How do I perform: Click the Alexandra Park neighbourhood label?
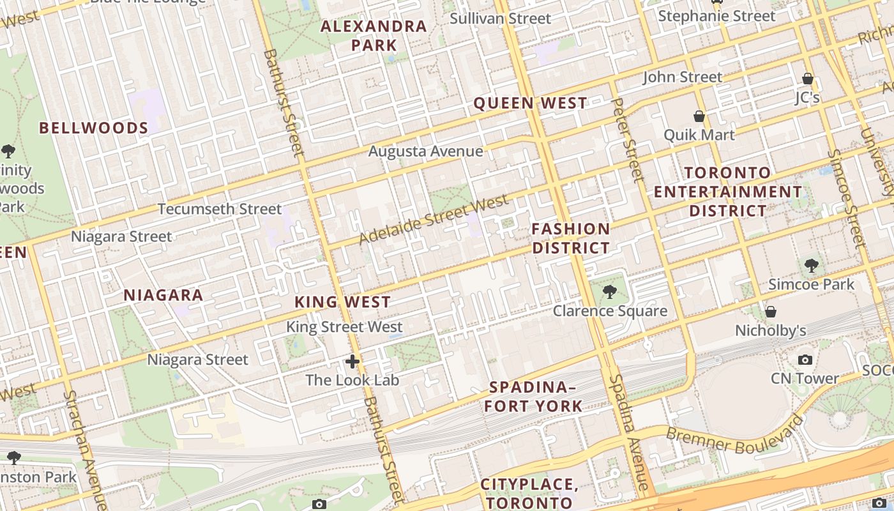pos(374,36)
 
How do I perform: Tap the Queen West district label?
pos(530,103)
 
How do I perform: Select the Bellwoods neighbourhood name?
pos(94,128)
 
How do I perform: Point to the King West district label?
pos(342,302)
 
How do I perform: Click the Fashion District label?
pos(571,238)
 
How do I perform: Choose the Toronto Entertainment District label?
pos(728,192)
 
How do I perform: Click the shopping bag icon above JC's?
pos(808,79)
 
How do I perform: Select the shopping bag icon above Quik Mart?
pos(699,116)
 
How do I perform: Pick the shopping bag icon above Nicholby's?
pos(771,312)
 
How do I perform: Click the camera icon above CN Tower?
pos(805,360)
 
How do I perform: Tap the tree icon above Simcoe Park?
pos(811,265)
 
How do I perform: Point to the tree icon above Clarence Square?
pos(610,292)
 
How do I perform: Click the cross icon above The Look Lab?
pos(352,362)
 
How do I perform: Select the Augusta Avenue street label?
pos(425,151)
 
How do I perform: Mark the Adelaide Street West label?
pos(434,220)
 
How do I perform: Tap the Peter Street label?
pos(626,139)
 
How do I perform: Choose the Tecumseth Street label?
pos(219,209)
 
